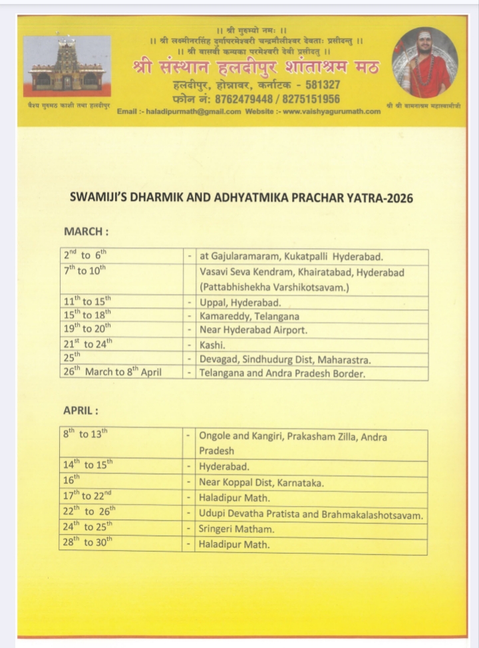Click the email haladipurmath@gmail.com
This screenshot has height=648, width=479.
(x=193, y=111)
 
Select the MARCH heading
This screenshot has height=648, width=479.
(x=86, y=232)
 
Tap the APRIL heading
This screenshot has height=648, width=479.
(x=82, y=410)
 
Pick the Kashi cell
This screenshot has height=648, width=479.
(x=211, y=345)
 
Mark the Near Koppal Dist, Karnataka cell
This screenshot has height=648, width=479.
(x=261, y=482)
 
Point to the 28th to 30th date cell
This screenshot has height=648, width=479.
(x=88, y=543)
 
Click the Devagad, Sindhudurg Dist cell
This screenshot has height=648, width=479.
(x=285, y=359)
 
